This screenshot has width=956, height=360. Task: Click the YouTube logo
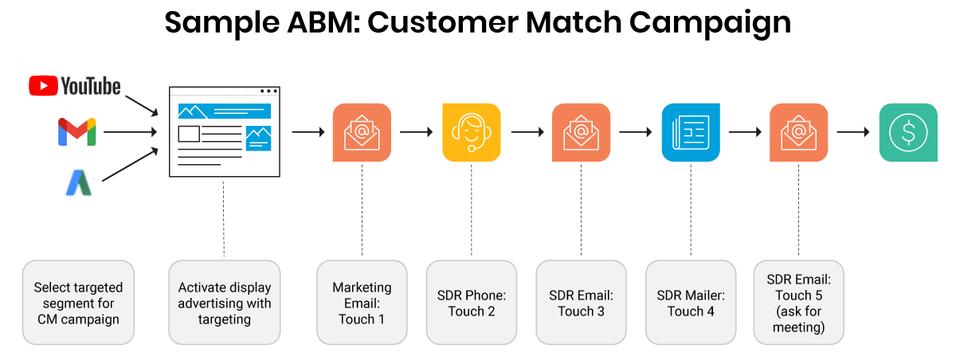pos(74,86)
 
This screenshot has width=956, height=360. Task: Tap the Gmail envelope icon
pos(76,131)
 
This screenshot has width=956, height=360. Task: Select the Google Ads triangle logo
pos(79,184)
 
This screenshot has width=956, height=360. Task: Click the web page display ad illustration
pos(224,132)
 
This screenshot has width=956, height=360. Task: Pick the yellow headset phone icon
pos(472,132)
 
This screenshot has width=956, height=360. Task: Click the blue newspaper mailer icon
pos(691,132)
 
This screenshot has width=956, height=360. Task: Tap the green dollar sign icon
pos(908,132)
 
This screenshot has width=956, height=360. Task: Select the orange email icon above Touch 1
pos(362,132)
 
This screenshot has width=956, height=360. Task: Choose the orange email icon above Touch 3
pos(581,132)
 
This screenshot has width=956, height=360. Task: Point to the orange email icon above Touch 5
pos(798,132)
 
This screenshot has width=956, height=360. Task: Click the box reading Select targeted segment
pos(78,303)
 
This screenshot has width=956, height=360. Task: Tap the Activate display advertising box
pos(225,303)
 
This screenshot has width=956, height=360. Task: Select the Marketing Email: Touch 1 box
pos(362,303)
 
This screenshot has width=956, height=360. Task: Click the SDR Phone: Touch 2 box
pos(472,303)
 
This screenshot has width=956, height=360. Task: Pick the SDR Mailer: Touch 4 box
pos(691,303)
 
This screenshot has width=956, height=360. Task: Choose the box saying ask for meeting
pos(798,303)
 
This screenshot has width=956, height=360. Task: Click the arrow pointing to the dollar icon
pos(852,132)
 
